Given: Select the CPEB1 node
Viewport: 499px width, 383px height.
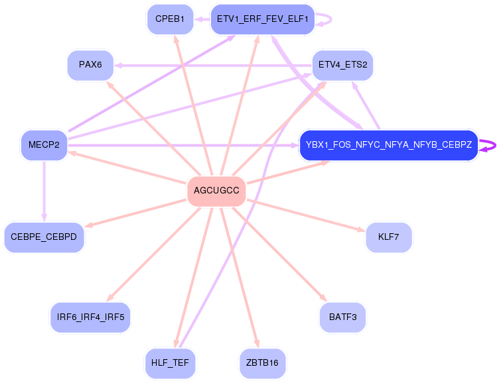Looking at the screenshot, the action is click(x=171, y=19).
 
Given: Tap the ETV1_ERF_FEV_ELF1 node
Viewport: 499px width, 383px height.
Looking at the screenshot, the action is click(x=263, y=19).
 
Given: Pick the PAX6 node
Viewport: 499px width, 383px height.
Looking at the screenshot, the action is click(x=90, y=65).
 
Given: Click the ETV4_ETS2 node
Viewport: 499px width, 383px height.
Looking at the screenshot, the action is click(x=343, y=65).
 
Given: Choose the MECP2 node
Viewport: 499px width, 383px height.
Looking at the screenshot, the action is click(x=44, y=145).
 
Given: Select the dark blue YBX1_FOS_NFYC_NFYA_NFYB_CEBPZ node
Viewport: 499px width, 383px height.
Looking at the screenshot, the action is click(x=389, y=145).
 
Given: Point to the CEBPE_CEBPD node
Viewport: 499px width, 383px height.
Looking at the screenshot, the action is click(x=44, y=237).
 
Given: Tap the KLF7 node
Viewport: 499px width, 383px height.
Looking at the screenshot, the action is click(x=389, y=237).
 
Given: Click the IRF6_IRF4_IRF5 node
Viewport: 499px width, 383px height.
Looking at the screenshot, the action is click(x=90, y=317).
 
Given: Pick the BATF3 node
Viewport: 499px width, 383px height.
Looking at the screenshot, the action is click(x=343, y=317).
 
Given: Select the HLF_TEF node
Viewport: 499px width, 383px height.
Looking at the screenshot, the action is click(x=171, y=364).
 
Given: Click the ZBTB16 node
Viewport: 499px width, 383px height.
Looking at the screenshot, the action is click(x=263, y=364).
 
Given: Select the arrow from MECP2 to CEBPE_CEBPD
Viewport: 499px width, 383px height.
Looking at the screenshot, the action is click(x=44, y=191).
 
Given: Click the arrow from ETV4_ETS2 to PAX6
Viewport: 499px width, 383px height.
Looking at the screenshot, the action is click(x=213, y=66).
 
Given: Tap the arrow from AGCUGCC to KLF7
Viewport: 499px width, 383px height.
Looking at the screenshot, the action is click(x=306, y=215).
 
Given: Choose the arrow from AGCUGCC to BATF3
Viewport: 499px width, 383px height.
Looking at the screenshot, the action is click(x=280, y=254).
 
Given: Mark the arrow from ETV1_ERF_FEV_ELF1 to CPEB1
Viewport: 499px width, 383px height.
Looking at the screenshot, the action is click(x=202, y=19).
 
